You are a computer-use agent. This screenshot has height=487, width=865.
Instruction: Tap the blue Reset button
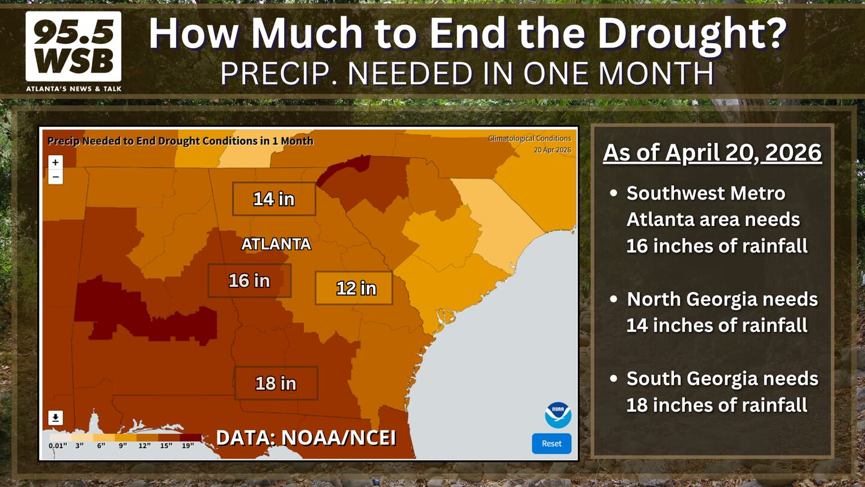551,443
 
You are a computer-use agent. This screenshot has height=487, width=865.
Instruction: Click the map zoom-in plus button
55,162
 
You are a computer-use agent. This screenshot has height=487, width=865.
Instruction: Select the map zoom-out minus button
55,177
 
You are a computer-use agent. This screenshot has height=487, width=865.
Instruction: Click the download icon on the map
56,418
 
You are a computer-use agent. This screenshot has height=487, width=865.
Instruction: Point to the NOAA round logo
558,415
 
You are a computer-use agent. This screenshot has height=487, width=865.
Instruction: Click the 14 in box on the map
274,198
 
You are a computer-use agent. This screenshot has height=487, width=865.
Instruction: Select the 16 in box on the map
249,281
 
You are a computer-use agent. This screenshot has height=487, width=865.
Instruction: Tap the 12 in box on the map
354,289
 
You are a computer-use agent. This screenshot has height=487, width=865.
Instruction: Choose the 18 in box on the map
276,383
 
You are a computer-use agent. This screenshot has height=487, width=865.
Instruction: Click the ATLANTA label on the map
276,244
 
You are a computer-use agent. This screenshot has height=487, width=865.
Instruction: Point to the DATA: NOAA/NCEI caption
306,438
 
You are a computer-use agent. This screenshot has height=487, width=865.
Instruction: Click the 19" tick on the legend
187,446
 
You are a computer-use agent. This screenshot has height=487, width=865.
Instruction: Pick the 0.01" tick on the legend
58,446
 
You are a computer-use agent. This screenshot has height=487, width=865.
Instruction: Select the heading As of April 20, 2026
712,152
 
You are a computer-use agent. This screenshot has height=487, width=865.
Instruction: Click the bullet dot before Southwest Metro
614,193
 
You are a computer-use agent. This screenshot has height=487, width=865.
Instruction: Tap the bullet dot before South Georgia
614,378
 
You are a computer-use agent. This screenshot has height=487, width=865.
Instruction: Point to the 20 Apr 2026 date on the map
553,150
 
